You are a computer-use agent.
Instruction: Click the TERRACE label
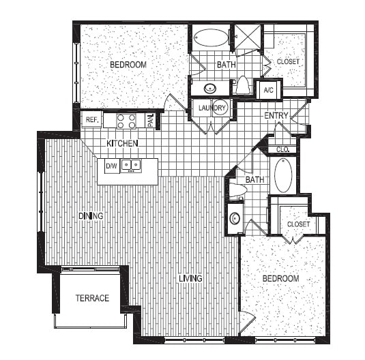click(x=92, y=298)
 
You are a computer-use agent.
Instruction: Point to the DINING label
click(x=90, y=216)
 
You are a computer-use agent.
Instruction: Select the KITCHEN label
click(x=123, y=144)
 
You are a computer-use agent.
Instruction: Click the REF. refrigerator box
click(x=91, y=120)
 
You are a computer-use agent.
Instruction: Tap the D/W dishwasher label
click(x=111, y=164)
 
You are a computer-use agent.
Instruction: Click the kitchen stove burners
click(x=126, y=121)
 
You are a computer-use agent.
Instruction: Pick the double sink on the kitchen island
click(x=132, y=164)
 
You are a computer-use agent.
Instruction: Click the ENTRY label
click(x=276, y=116)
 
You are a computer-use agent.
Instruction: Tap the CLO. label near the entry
click(x=282, y=149)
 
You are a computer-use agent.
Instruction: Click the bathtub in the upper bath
click(x=211, y=37)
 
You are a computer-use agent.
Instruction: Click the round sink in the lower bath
click(x=235, y=219)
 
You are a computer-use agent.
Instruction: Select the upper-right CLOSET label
click(x=289, y=61)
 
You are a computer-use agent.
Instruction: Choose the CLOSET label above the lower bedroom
click(x=297, y=224)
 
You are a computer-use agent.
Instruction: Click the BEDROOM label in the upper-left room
click(x=128, y=65)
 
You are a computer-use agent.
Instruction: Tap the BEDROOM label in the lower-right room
click(x=281, y=279)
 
